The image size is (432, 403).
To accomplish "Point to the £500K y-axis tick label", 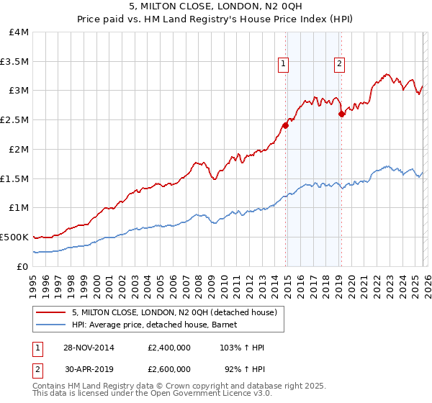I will point(14,237).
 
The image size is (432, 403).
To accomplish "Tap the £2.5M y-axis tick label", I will point(15,120).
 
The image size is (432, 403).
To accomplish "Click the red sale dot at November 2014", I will point(286,125).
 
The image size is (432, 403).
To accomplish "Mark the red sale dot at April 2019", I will point(341,114).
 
